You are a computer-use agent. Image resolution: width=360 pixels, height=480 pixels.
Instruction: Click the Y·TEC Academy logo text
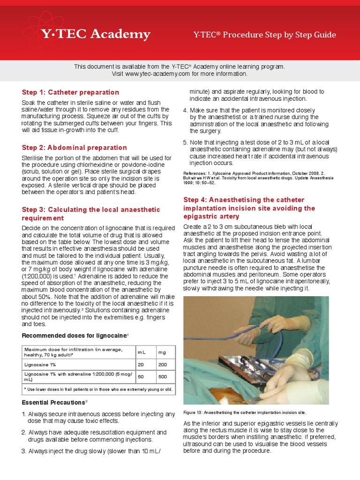(x=96, y=34)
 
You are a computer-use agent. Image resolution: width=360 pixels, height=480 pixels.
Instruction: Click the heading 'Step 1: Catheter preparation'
(x=70, y=92)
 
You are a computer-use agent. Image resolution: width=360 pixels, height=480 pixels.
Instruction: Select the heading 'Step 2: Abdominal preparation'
(x=75, y=148)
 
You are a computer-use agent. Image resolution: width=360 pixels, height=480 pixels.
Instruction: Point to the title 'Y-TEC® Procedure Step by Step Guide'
(x=264, y=35)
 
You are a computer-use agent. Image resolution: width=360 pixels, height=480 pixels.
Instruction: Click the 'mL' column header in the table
(x=142, y=352)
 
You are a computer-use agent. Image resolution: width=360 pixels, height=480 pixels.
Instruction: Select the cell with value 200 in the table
(x=163, y=365)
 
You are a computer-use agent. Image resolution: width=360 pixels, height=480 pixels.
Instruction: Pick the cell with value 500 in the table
(x=163, y=376)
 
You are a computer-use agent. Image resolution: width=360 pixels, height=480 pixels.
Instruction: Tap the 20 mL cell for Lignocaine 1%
(x=141, y=365)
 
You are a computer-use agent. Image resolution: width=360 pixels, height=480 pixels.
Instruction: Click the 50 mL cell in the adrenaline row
(x=141, y=376)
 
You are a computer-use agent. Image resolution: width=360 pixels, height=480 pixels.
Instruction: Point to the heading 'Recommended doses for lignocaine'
(x=75, y=336)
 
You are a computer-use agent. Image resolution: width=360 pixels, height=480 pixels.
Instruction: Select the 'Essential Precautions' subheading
(x=54, y=402)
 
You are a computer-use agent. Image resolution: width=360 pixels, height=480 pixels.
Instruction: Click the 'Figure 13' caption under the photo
(x=245, y=412)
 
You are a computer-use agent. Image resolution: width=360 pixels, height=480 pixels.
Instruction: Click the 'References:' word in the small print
(x=195, y=173)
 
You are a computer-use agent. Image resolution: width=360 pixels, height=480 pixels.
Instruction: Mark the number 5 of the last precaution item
(x=185, y=142)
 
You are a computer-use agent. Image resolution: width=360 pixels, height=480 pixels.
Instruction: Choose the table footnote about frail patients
(x=98, y=390)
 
